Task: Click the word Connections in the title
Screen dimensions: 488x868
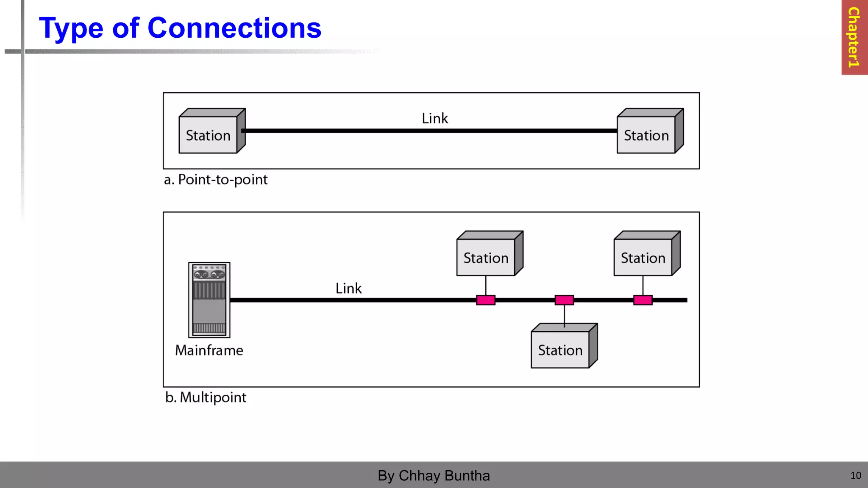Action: tap(234, 28)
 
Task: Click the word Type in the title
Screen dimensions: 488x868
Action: tap(71, 29)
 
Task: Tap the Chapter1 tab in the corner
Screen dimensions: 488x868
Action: tap(854, 37)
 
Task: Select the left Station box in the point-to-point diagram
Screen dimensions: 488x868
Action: tap(209, 135)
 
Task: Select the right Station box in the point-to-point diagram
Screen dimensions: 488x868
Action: tap(646, 135)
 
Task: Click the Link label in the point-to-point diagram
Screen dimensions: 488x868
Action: tap(434, 119)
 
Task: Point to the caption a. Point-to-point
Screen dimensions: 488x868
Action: tap(216, 180)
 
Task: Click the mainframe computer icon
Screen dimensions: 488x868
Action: tap(209, 300)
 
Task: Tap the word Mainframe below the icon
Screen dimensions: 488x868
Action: tap(209, 350)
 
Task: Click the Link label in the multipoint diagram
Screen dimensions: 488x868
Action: tap(348, 288)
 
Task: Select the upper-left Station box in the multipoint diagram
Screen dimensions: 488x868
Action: tap(486, 257)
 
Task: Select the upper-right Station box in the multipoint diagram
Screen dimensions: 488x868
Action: tap(643, 257)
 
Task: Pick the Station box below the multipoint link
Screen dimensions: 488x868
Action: tap(560, 349)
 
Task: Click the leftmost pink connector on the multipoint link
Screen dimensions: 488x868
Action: tap(486, 300)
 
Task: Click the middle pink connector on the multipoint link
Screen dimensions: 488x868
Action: tap(564, 300)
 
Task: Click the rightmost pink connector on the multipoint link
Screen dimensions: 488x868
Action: tap(643, 300)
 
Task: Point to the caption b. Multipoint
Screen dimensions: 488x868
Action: tap(206, 397)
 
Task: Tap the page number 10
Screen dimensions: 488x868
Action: tap(855, 476)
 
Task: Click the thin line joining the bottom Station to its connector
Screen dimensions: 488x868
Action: tap(564, 316)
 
